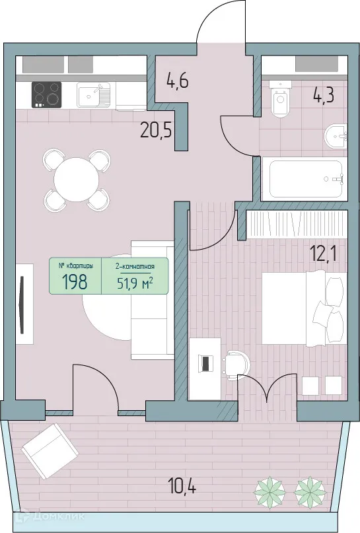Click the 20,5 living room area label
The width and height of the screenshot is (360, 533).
pos(156,128)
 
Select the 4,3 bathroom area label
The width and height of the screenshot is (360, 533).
pos(324,94)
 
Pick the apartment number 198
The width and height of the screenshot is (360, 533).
pos(75,282)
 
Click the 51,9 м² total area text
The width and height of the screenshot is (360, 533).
pos(135,283)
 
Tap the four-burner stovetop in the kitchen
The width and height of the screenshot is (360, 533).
pos(46,94)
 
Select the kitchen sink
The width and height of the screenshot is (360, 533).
pos(93,94)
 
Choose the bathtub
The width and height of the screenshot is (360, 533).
pos(303,178)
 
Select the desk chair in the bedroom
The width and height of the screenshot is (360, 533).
pos(234,363)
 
